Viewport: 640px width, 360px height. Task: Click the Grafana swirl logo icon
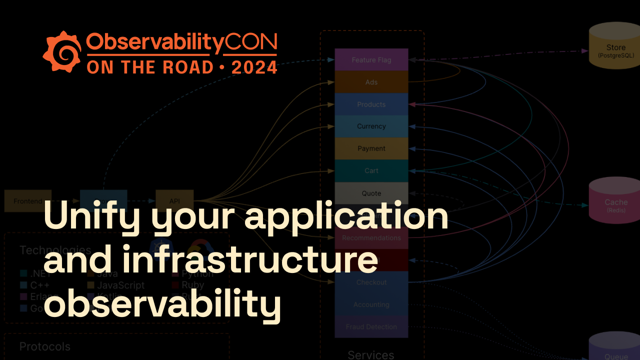[x=62, y=52]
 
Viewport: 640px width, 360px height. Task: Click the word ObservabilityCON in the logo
[x=181, y=44]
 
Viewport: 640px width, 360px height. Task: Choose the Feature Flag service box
[x=371, y=60]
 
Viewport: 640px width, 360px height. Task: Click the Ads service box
[x=371, y=82]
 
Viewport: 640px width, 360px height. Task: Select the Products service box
[x=371, y=104]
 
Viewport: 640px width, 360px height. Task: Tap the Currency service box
[x=371, y=126]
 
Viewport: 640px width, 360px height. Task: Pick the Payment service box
[x=371, y=148]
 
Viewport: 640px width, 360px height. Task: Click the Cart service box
[x=371, y=170]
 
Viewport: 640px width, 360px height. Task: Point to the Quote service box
[x=371, y=193]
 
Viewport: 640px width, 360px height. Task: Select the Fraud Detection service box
[x=371, y=327]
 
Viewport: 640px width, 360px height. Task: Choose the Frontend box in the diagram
[x=28, y=201]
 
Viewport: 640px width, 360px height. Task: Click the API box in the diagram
[x=174, y=201]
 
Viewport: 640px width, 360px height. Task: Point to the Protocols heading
[x=45, y=346]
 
